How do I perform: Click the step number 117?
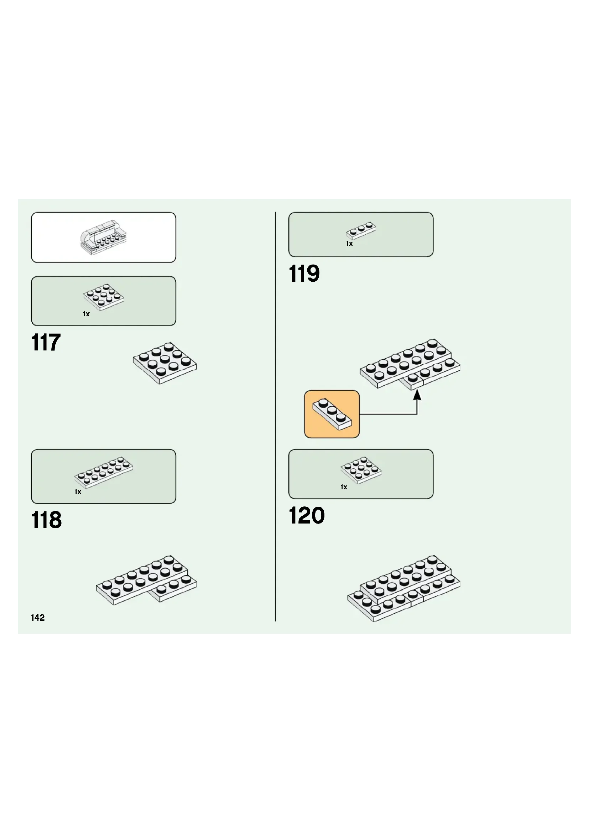click(x=46, y=342)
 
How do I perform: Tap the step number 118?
click(x=46, y=520)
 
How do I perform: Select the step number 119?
click(x=304, y=274)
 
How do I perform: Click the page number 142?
click(x=38, y=618)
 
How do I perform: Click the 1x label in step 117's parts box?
click(x=86, y=314)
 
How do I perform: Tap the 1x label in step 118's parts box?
click(x=78, y=491)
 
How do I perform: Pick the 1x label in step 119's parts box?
click(x=349, y=244)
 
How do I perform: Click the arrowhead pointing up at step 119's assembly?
click(x=417, y=394)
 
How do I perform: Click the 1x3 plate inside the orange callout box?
click(x=332, y=414)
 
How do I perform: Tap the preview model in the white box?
click(x=103, y=237)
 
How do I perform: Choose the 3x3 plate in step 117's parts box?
click(x=104, y=297)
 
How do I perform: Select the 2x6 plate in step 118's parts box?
click(x=104, y=472)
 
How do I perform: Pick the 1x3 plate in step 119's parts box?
click(x=361, y=230)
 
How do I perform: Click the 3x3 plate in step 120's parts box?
click(x=361, y=470)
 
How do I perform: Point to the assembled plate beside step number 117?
click(x=165, y=363)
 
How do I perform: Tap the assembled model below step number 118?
click(x=146, y=579)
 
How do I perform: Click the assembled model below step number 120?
click(x=404, y=588)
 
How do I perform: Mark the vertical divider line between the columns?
click(x=275, y=417)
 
